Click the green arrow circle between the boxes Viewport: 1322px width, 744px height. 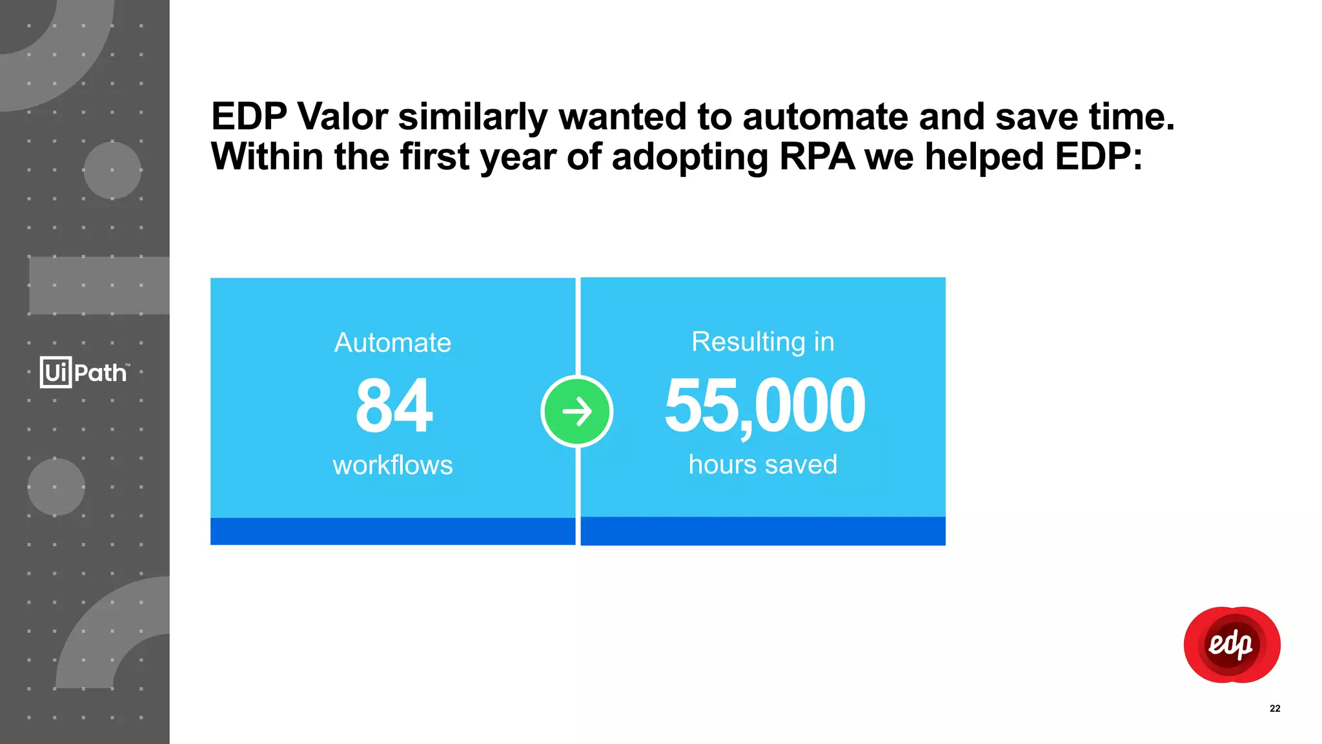(x=577, y=411)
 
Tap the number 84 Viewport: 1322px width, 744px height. (x=394, y=406)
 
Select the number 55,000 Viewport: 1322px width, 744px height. (x=764, y=406)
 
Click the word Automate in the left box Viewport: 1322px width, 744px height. (x=392, y=342)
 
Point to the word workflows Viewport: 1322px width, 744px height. (x=392, y=465)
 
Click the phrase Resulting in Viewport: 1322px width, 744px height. (x=763, y=342)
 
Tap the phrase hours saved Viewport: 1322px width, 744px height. (x=763, y=464)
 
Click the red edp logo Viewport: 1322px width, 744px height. (x=1232, y=645)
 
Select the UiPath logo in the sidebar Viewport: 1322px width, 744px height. (x=84, y=372)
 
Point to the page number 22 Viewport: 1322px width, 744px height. (x=1275, y=708)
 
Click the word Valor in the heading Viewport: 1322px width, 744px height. (x=342, y=117)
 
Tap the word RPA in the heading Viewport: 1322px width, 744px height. (x=817, y=157)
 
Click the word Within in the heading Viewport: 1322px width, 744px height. (x=267, y=157)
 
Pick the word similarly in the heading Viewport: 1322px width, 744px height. (x=473, y=117)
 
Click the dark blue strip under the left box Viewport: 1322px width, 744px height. (x=392, y=531)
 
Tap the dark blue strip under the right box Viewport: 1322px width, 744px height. (x=763, y=531)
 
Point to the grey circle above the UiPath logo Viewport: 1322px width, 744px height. (x=112, y=170)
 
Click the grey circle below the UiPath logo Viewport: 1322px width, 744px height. (x=56, y=487)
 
